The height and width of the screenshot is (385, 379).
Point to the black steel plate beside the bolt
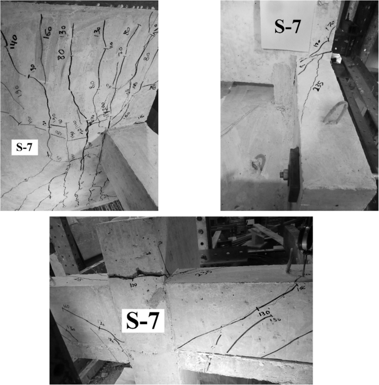[x=294, y=173]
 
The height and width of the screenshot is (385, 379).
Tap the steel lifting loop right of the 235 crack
[x=334, y=113]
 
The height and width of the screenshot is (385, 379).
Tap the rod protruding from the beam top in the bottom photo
[x=288, y=260]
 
